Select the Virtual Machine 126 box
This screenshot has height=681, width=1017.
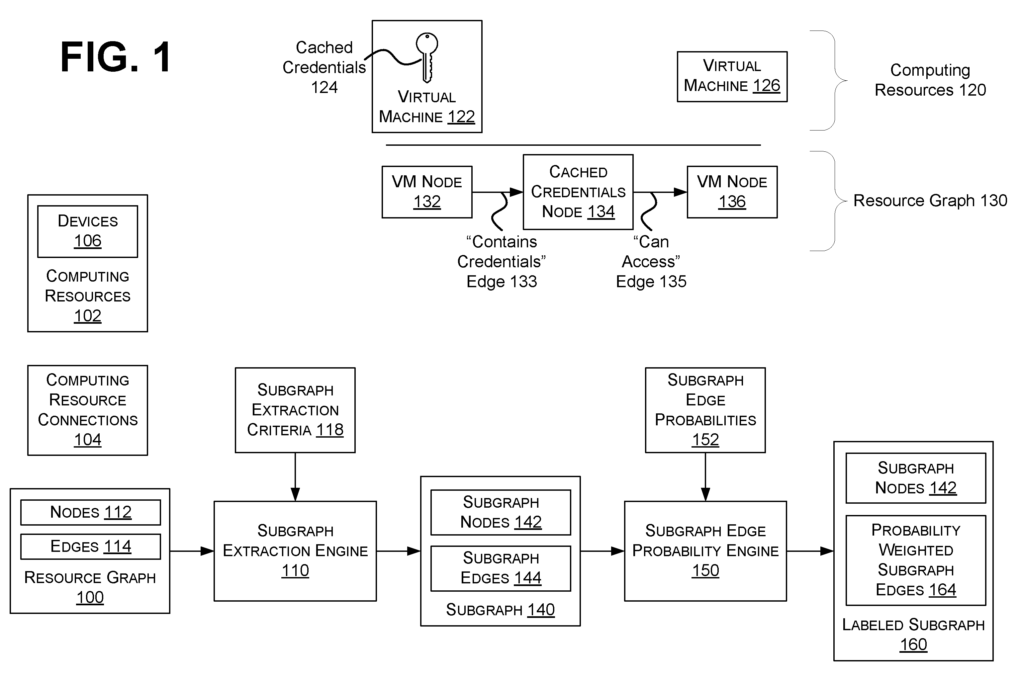pyautogui.click(x=732, y=77)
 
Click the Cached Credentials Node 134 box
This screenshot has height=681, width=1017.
pyautogui.click(x=578, y=192)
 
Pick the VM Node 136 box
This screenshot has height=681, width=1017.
pyautogui.click(x=732, y=192)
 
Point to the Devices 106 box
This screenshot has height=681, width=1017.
pyautogui.click(x=88, y=231)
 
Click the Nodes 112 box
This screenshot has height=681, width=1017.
pyautogui.click(x=90, y=512)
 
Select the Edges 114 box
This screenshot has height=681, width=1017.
pyautogui.click(x=90, y=547)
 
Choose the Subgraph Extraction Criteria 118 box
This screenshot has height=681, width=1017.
pyautogui.click(x=295, y=410)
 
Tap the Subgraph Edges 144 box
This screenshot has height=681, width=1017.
pyautogui.click(x=501, y=568)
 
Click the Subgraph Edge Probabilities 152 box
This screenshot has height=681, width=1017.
pyautogui.click(x=705, y=410)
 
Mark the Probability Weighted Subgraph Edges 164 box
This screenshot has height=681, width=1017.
pyautogui.click(x=916, y=560)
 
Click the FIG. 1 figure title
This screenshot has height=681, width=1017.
pyautogui.click(x=116, y=57)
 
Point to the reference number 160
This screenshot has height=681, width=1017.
pyautogui.click(x=913, y=645)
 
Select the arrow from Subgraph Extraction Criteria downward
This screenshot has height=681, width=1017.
pyautogui.click(x=295, y=477)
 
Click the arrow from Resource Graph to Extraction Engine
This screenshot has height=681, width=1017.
pyautogui.click(x=192, y=551)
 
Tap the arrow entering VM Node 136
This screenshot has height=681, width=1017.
pyautogui.click(x=660, y=192)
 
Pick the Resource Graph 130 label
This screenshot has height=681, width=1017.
pyautogui.click(x=930, y=201)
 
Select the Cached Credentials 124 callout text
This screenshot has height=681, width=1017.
pyautogui.click(x=324, y=67)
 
